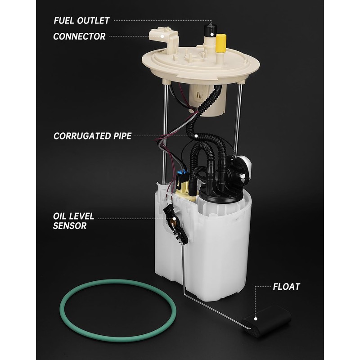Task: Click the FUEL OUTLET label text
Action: click(x=81, y=20)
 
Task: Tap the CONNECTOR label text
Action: click(x=79, y=36)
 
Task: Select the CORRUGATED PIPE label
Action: click(x=92, y=135)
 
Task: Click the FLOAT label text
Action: click(x=286, y=286)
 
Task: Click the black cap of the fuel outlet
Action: click(x=208, y=31)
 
